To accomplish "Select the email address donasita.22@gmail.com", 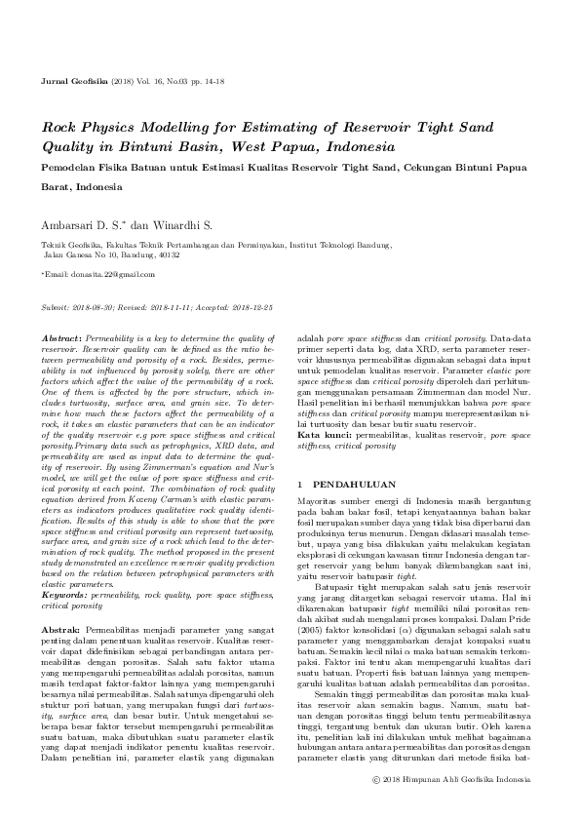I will tap(104, 277).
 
